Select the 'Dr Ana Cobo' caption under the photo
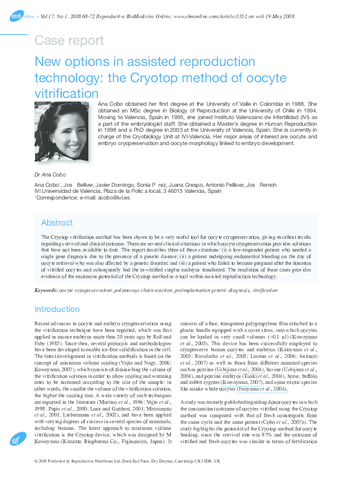pos(50,174)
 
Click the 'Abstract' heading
pos(57,222)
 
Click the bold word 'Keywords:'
pos(46,291)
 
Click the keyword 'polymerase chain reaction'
pos(133,291)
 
